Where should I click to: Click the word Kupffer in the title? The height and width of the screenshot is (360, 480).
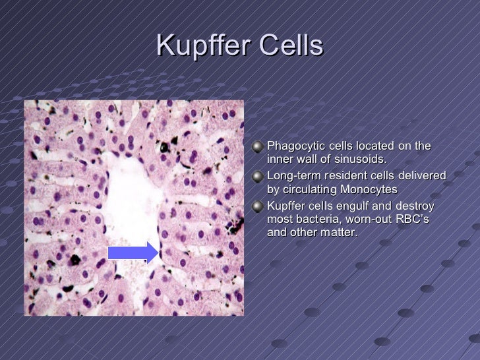pos(202,46)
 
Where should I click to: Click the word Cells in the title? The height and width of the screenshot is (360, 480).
pos(291,46)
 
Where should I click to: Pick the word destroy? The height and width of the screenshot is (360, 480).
pos(415,206)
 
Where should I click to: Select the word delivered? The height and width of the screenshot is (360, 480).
pos(422,176)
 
